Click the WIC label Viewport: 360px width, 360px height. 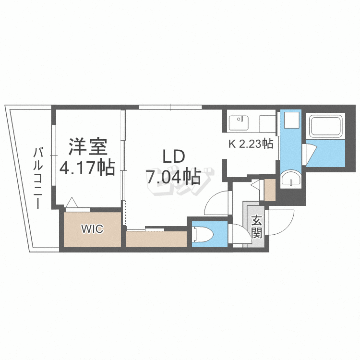coord(92,229)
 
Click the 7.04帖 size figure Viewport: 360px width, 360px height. coord(173,178)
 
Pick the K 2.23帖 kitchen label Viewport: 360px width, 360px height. coord(250,144)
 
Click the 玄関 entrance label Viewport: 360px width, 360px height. coord(256,227)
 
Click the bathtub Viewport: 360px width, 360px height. coord(326,126)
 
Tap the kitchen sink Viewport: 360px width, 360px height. coord(239,122)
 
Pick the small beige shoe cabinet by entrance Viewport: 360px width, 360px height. coord(269,190)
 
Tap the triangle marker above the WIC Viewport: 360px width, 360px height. coord(72,203)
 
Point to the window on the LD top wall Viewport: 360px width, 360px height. coord(170,107)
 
